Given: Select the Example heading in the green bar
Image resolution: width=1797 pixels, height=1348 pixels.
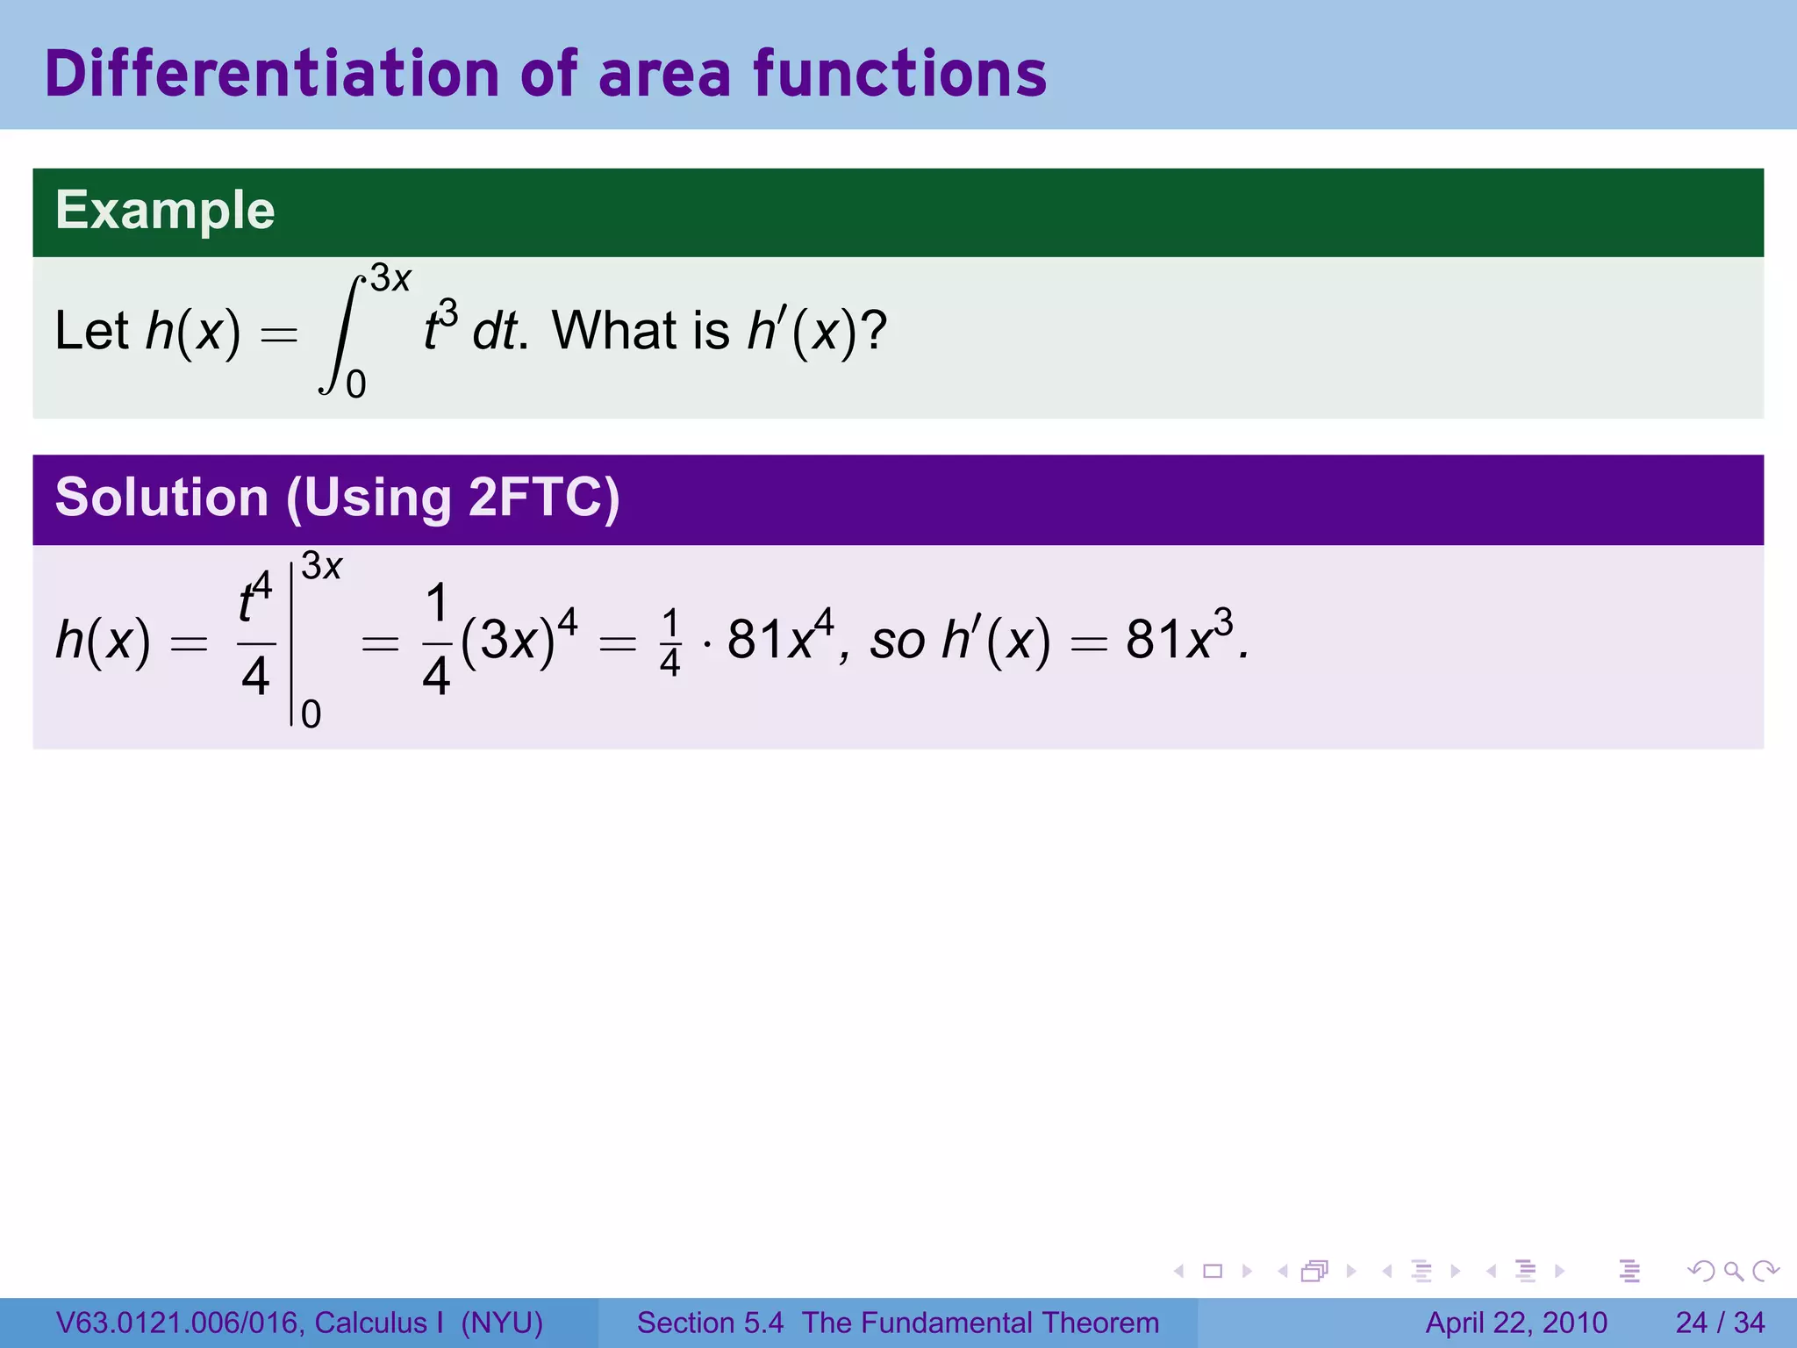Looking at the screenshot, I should (x=165, y=211).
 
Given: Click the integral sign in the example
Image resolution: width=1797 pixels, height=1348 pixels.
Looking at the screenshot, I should (x=342, y=333).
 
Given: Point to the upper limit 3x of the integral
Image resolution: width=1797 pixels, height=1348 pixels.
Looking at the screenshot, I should (x=390, y=279).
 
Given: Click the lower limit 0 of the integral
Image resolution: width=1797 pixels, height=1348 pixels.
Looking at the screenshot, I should (x=355, y=384).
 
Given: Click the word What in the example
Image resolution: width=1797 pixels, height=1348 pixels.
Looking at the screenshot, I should (x=614, y=332).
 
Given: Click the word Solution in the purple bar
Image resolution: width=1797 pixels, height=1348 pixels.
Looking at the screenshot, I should (x=161, y=498).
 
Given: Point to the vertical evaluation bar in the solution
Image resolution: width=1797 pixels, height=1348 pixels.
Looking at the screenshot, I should (x=291, y=645).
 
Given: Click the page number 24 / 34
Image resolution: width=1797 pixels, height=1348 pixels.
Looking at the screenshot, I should (x=1720, y=1323).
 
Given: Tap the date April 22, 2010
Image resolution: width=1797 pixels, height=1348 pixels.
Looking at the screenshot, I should (x=1516, y=1323).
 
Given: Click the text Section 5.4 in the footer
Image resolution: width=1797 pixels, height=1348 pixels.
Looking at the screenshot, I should (x=709, y=1323).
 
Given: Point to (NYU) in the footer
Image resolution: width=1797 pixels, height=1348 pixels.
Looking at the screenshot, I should (x=502, y=1323).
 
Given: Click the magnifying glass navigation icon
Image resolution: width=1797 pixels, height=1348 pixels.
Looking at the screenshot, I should (x=1733, y=1271).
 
